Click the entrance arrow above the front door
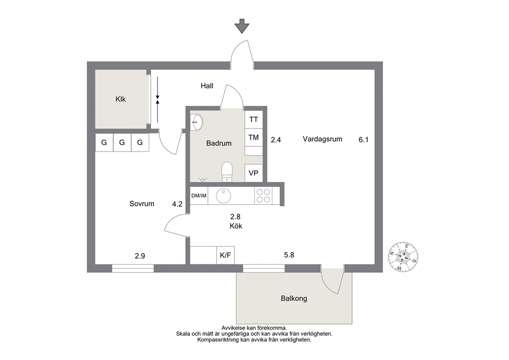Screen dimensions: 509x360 pyautogui.click(x=242, y=26)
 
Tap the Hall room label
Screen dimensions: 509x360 pyautogui.click(x=207, y=86)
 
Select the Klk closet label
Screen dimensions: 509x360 pyautogui.click(x=121, y=99)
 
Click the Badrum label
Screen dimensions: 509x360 pyautogui.click(x=219, y=143)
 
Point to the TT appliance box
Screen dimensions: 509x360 pyautogui.click(x=253, y=120)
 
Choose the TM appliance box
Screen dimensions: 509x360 pyautogui.click(x=253, y=138)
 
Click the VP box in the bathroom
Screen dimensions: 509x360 pyautogui.click(x=253, y=173)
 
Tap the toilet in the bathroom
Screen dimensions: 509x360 pyautogui.click(x=227, y=172)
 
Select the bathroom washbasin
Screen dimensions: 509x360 pyautogui.click(x=197, y=122)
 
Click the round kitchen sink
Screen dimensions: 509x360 pyautogui.click(x=224, y=196)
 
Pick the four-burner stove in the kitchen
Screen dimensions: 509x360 pyautogui.click(x=263, y=196)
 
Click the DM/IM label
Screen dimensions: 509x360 pyautogui.click(x=199, y=196)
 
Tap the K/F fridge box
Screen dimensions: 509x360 pyautogui.click(x=226, y=255)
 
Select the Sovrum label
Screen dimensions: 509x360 pyautogui.click(x=142, y=204)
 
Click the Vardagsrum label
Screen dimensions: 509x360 pyautogui.click(x=322, y=139)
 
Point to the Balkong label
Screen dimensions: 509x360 pyautogui.click(x=294, y=298)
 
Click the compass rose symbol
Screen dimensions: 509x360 pyautogui.click(x=403, y=257)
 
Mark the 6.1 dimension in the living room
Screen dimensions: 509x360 pyautogui.click(x=364, y=140)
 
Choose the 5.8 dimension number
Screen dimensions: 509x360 pyautogui.click(x=289, y=255)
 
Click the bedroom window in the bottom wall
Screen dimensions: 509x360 pyautogui.click(x=133, y=269)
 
